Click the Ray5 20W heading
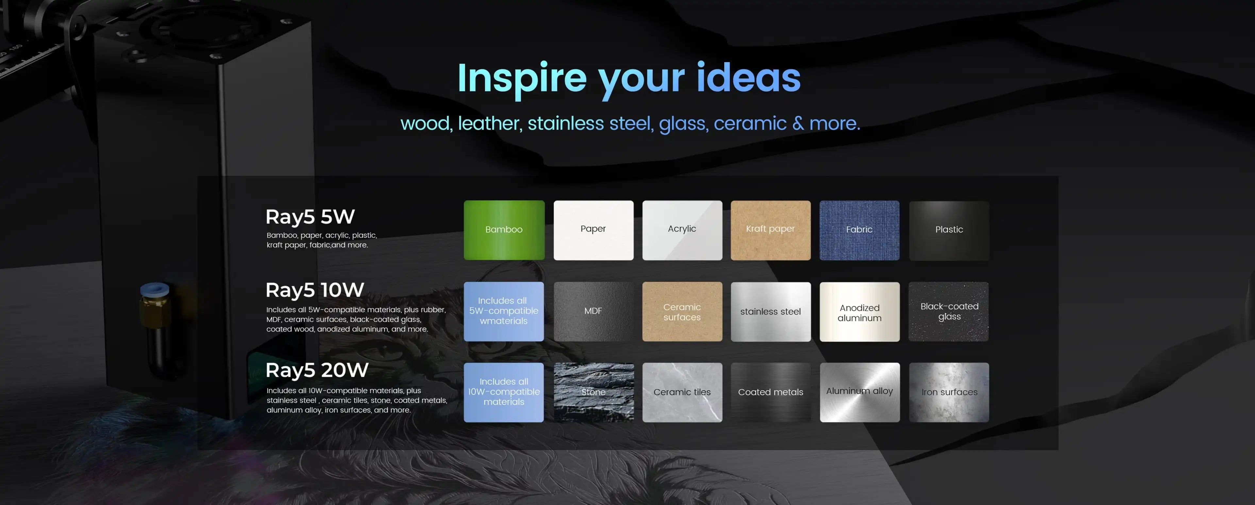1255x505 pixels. click(x=317, y=370)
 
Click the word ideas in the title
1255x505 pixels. click(x=748, y=78)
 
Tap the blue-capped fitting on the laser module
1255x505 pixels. click(x=155, y=291)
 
